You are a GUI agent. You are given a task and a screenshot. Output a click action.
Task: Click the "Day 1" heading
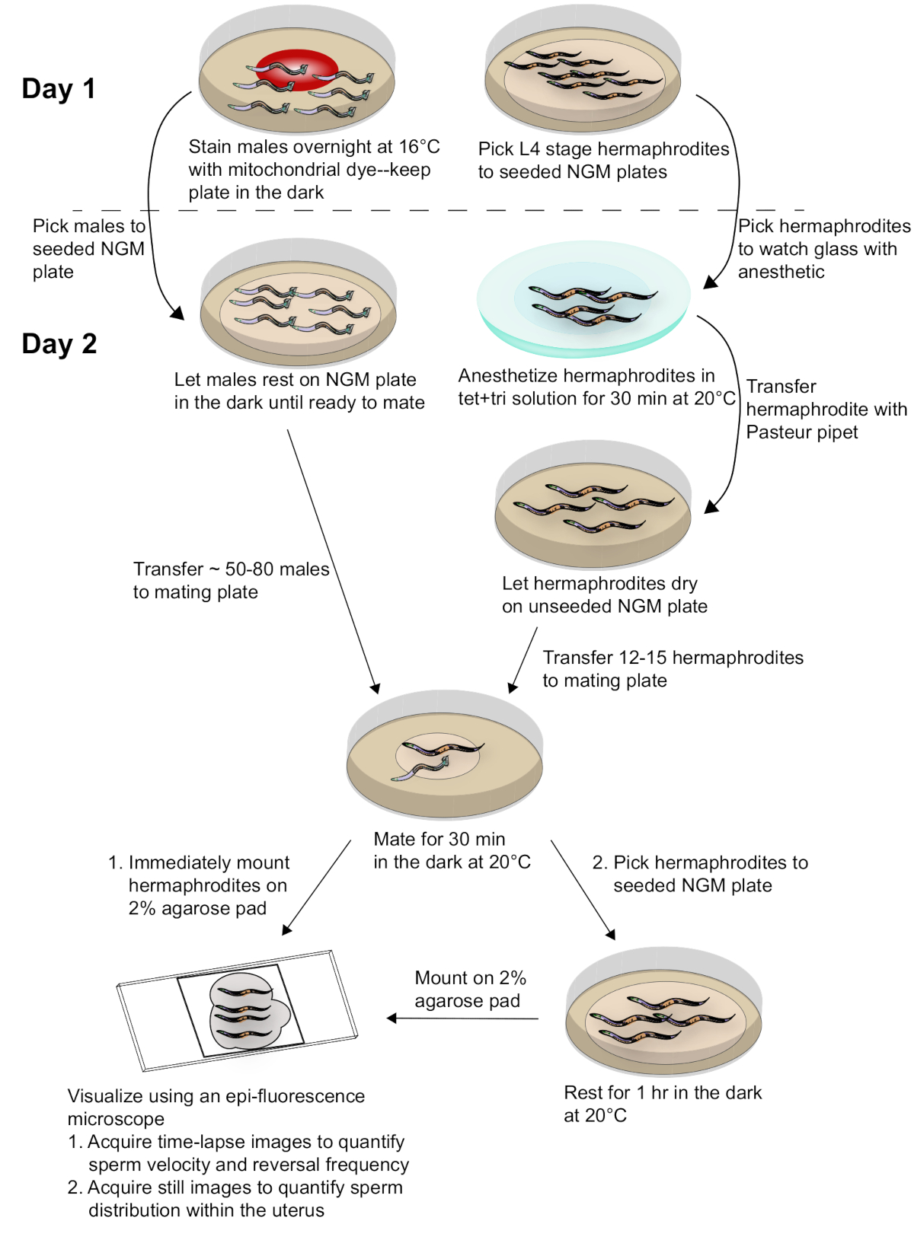(x=59, y=89)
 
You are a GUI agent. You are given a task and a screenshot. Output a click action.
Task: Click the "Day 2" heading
(x=59, y=344)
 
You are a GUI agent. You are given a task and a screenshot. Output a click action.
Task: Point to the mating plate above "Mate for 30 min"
(x=444, y=757)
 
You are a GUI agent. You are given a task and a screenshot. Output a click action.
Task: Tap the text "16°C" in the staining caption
(x=419, y=147)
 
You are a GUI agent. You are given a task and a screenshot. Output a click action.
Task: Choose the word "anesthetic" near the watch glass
(x=781, y=272)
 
